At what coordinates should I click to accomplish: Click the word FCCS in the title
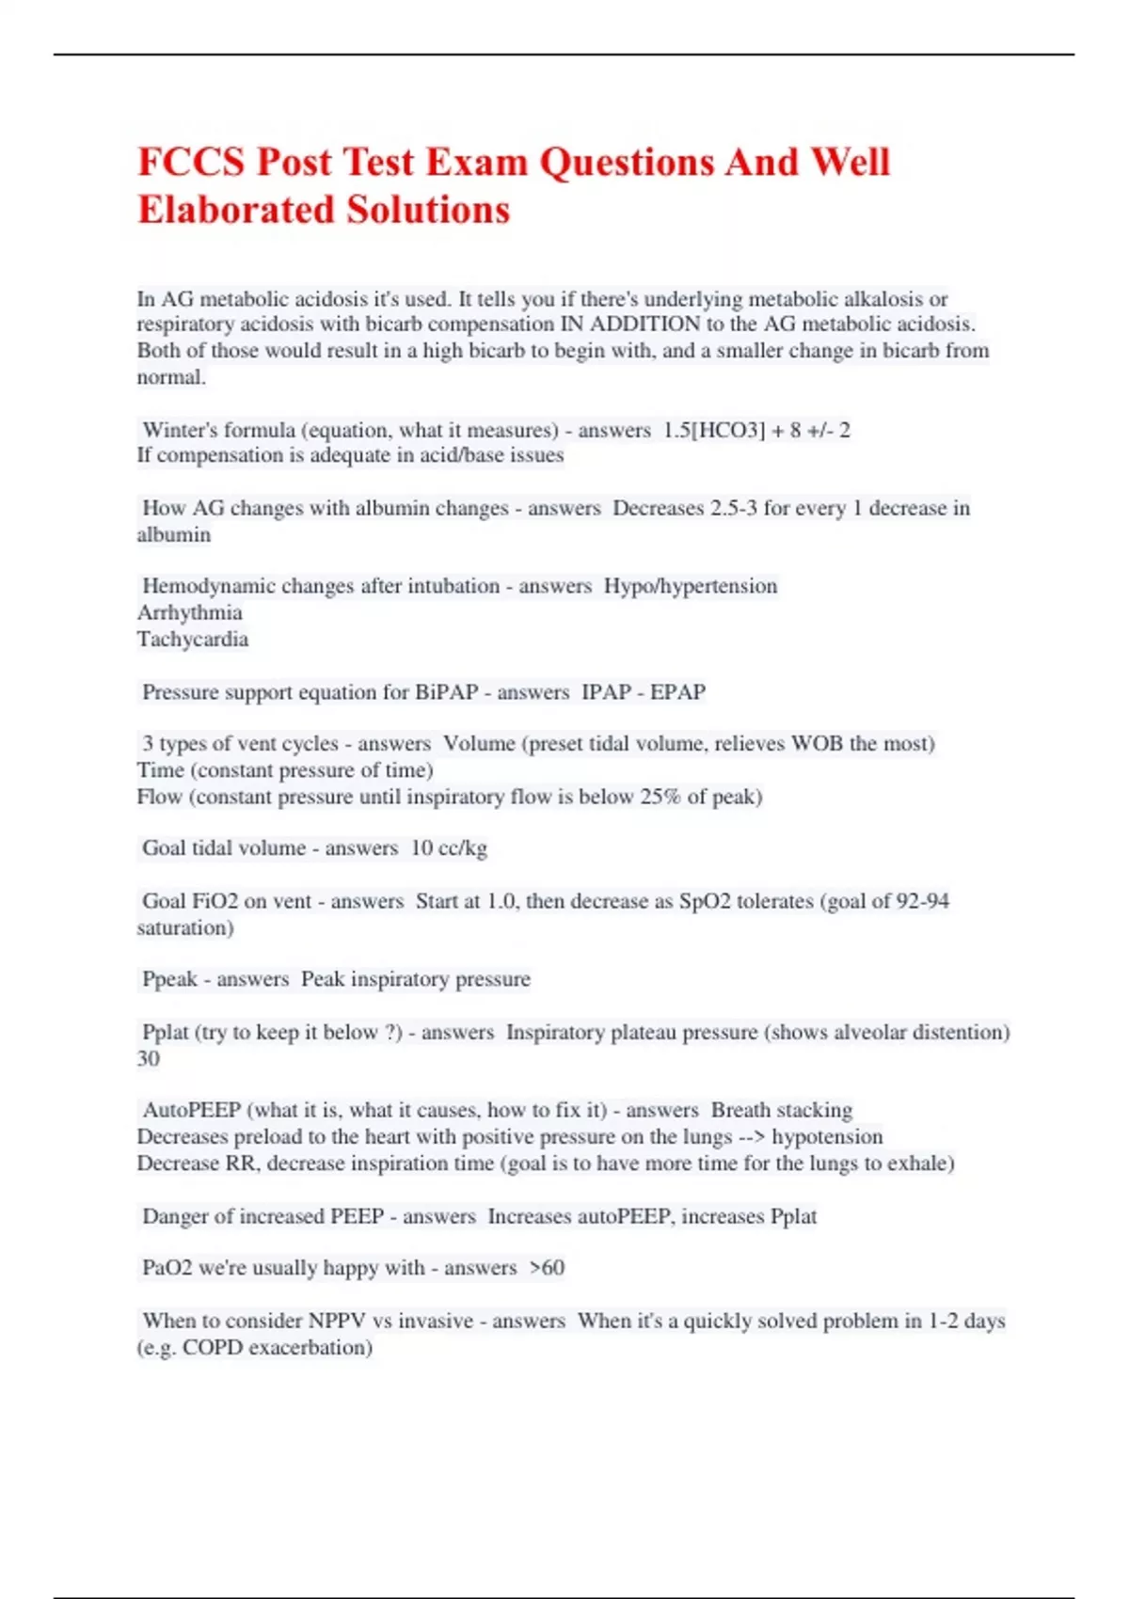[x=192, y=162]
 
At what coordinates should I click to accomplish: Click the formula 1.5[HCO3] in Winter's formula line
[x=714, y=430]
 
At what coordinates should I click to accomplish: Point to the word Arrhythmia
[x=189, y=612]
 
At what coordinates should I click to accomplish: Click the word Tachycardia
[x=193, y=640]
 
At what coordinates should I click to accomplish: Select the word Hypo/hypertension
[x=691, y=586]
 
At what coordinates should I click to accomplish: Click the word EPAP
[x=677, y=692]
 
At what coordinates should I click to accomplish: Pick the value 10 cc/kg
[x=449, y=847]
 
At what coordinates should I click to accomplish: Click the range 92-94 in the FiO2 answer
[x=922, y=901]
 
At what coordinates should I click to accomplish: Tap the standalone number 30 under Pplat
[x=149, y=1059]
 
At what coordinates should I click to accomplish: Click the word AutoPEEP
[x=191, y=1110]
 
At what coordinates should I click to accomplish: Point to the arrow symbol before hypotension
[x=752, y=1137]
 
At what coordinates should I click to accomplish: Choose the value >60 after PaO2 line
[x=547, y=1268]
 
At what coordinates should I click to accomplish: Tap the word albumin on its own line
[x=174, y=535]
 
